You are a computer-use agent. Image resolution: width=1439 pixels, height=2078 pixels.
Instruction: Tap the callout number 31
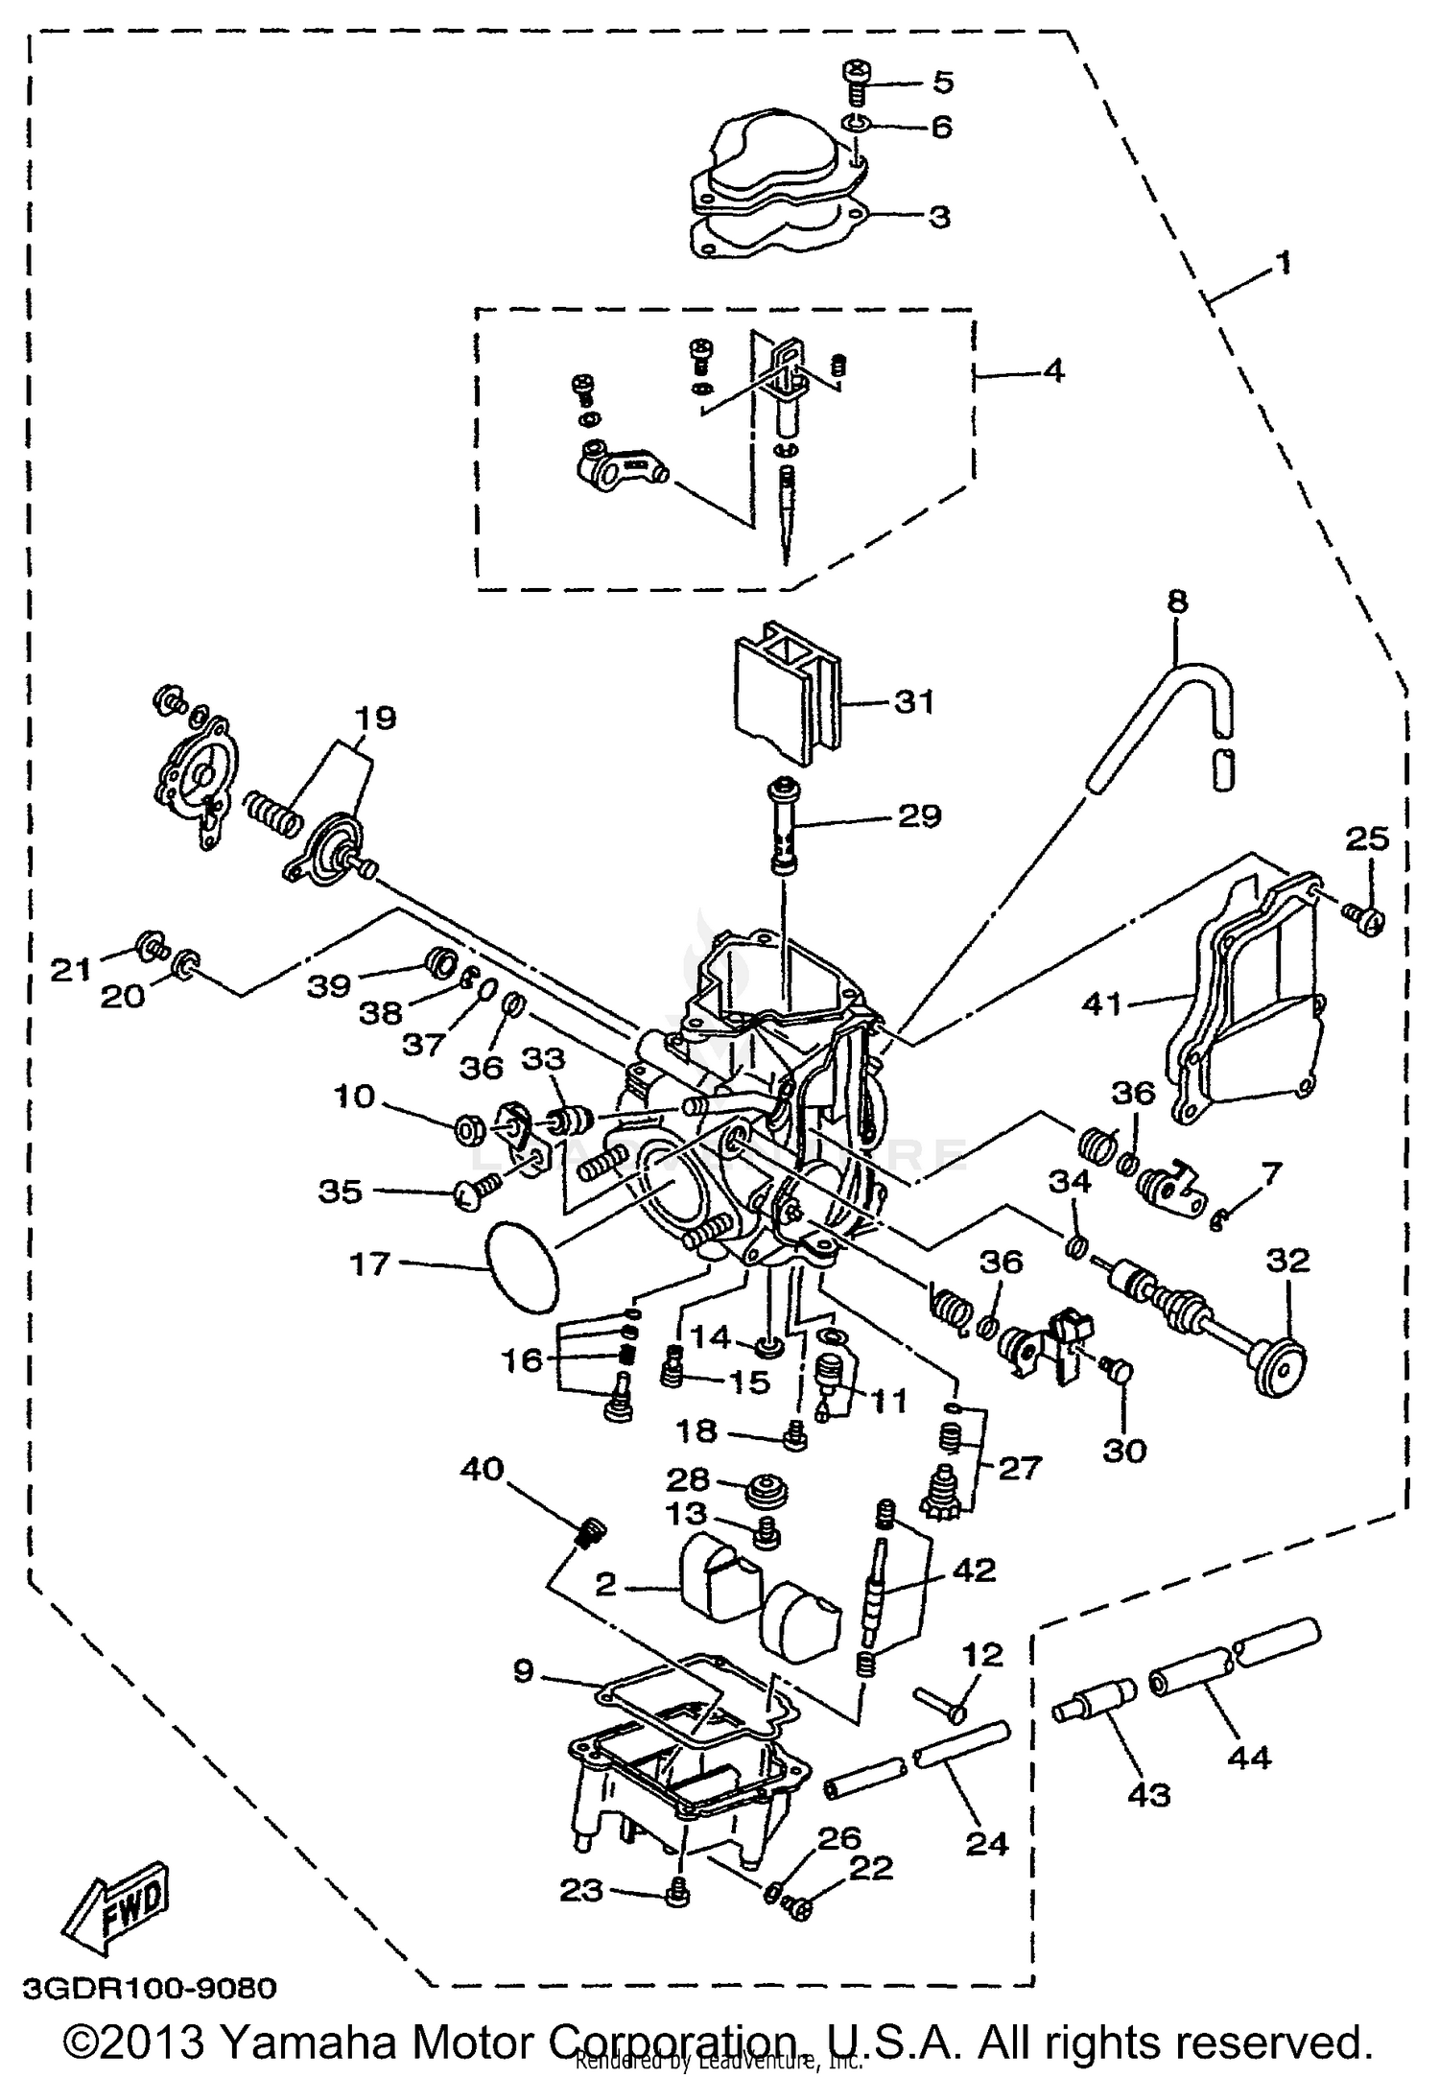(913, 702)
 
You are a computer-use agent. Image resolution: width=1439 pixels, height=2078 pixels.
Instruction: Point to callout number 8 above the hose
(1177, 602)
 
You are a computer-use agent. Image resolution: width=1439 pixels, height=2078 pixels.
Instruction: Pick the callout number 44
(1249, 1757)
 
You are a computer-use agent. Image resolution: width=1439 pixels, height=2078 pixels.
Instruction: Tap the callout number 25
(1366, 838)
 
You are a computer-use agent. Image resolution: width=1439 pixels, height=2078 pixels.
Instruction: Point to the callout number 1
(1283, 261)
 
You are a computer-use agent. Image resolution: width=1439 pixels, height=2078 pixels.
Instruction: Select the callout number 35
(341, 1192)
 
